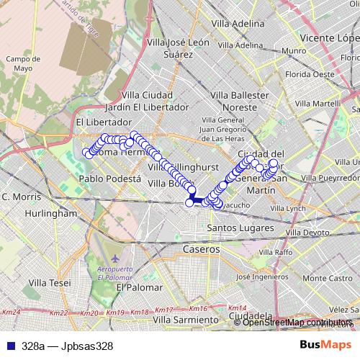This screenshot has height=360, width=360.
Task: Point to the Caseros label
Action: click(201, 248)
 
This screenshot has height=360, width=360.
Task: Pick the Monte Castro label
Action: click(327, 278)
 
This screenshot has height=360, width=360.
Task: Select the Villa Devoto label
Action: click(305, 233)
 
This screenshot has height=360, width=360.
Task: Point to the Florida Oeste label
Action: click(310, 73)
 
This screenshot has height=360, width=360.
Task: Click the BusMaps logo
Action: click(325, 346)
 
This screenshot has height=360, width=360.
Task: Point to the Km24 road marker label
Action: click(12, 312)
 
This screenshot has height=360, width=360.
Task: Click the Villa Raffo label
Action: click(276, 253)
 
